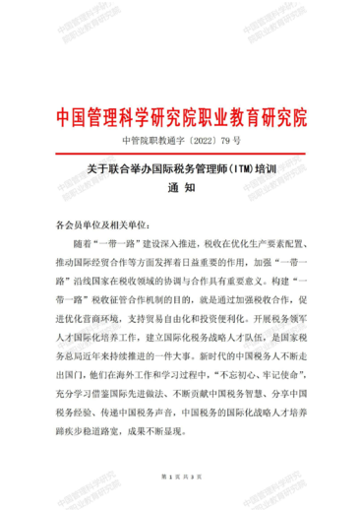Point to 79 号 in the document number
coord(230,141)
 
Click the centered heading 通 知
coord(181,190)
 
